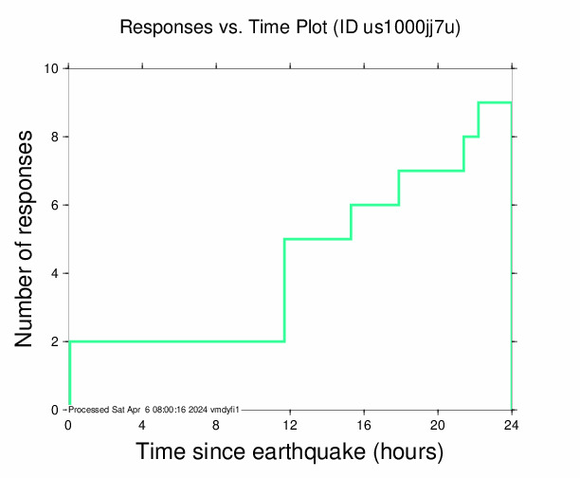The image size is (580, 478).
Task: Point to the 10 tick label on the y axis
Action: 52,68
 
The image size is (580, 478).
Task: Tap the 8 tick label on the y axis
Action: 55,137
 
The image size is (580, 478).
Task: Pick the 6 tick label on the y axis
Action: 55,205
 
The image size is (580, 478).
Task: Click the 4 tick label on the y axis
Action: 55,273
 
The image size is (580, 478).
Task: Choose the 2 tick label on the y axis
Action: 55,341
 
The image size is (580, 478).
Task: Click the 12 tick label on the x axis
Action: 290,424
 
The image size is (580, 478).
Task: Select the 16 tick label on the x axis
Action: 364,424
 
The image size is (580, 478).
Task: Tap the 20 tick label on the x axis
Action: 438,424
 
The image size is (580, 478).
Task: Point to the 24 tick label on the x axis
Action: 512,424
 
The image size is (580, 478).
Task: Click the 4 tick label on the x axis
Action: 142,424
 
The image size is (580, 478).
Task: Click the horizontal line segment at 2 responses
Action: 176,341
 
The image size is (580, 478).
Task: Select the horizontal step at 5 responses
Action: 317,239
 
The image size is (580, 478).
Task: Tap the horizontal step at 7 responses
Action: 431,171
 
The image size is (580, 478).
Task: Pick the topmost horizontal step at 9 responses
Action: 495,102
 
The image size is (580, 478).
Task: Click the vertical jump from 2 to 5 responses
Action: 284,290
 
